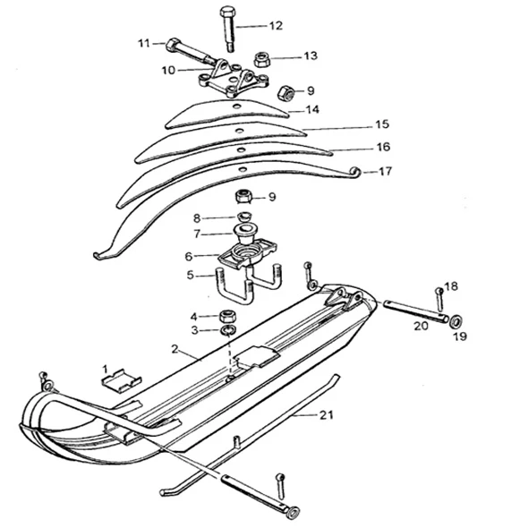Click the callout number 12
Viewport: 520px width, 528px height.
pyautogui.click(x=276, y=26)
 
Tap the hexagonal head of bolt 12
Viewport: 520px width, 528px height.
pyautogui.click(x=227, y=12)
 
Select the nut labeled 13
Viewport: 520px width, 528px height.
pyautogui.click(x=260, y=59)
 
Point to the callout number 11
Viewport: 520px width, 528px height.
pyautogui.click(x=144, y=44)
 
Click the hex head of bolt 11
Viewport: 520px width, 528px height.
pyautogui.click(x=173, y=46)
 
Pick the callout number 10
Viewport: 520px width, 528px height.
pyautogui.click(x=168, y=71)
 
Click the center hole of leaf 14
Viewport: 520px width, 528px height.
pyautogui.click(x=237, y=106)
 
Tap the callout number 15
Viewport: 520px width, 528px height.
pyautogui.click(x=382, y=124)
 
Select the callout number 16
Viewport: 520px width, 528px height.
pyautogui.click(x=383, y=147)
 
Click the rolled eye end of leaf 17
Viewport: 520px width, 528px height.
pyautogui.click(x=355, y=172)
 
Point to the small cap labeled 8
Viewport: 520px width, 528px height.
pyautogui.click(x=243, y=216)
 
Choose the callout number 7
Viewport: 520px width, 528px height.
pyautogui.click(x=197, y=234)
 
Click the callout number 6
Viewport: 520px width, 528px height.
pyautogui.click(x=189, y=257)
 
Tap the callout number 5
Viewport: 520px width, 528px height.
pyautogui.click(x=191, y=275)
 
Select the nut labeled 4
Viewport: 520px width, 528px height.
pyautogui.click(x=227, y=316)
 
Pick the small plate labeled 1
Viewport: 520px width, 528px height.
pyautogui.click(x=122, y=381)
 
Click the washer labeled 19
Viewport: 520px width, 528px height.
pyautogui.click(x=456, y=321)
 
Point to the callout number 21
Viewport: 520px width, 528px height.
pyautogui.click(x=326, y=415)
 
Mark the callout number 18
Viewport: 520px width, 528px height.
pyautogui.click(x=451, y=286)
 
